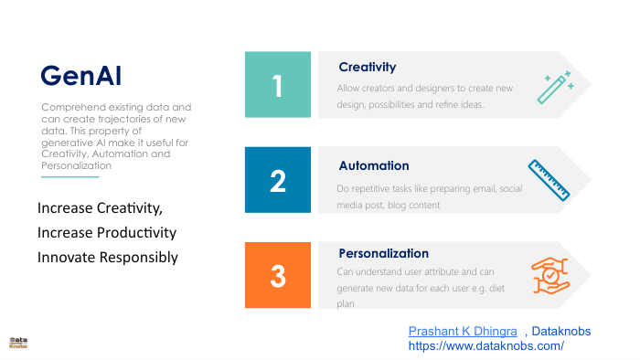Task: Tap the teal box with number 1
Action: coord(279,85)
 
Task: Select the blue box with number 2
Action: coord(279,180)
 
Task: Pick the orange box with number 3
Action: coord(279,275)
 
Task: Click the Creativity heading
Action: coord(367,67)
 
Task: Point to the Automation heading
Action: coord(374,166)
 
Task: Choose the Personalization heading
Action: coord(383,253)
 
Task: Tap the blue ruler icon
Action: coord(549,179)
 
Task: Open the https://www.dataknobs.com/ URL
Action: coord(485,346)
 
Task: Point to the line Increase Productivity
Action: coord(107,233)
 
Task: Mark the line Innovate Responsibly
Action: coord(108,258)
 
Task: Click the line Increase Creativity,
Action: coord(100,208)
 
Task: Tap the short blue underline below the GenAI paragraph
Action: coord(70,177)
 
